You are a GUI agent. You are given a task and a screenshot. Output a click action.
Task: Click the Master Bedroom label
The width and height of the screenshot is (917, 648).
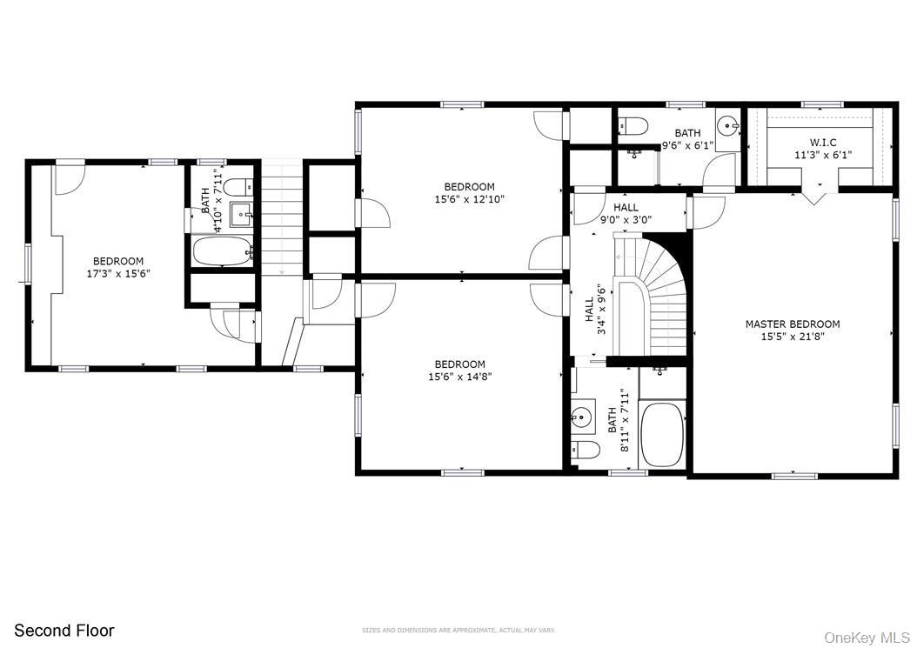click(792, 324)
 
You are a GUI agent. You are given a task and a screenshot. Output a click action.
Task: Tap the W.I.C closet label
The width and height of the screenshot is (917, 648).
click(822, 142)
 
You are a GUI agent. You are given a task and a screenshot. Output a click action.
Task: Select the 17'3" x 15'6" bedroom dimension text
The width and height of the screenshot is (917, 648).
click(118, 273)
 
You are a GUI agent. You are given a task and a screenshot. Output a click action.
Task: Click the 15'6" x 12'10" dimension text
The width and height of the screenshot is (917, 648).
click(469, 199)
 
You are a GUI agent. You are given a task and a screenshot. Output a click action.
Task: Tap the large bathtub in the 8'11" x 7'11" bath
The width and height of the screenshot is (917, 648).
click(664, 433)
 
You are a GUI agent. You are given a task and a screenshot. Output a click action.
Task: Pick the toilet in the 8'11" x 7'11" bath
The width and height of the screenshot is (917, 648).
click(586, 450)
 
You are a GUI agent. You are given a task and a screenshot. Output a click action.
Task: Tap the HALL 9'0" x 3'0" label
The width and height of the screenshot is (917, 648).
click(626, 214)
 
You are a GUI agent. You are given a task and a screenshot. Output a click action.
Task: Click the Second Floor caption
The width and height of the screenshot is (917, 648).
click(64, 631)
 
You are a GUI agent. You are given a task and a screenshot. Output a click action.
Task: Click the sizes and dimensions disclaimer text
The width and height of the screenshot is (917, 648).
click(458, 630)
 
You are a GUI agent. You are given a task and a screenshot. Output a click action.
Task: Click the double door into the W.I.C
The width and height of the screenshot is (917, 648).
click(814, 194)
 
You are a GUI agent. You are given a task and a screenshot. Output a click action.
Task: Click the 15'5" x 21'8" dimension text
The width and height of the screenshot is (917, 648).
click(792, 337)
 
